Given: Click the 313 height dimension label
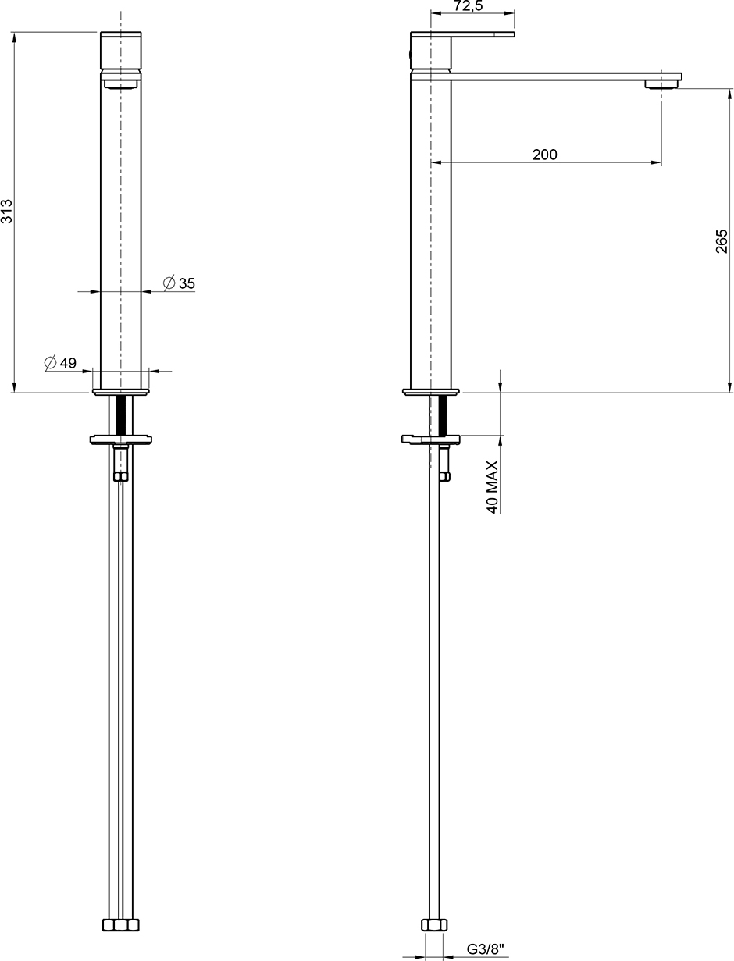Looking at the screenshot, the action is click(6, 212).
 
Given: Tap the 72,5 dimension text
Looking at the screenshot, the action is click(469, 6).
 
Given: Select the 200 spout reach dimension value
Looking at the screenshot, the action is click(545, 155).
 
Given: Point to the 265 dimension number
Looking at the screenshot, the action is click(722, 240).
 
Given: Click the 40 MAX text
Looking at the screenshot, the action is click(492, 487).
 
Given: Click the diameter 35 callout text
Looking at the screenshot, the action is click(179, 283).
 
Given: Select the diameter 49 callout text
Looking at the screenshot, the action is click(60, 362).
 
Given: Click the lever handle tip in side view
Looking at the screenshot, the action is click(513, 34).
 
